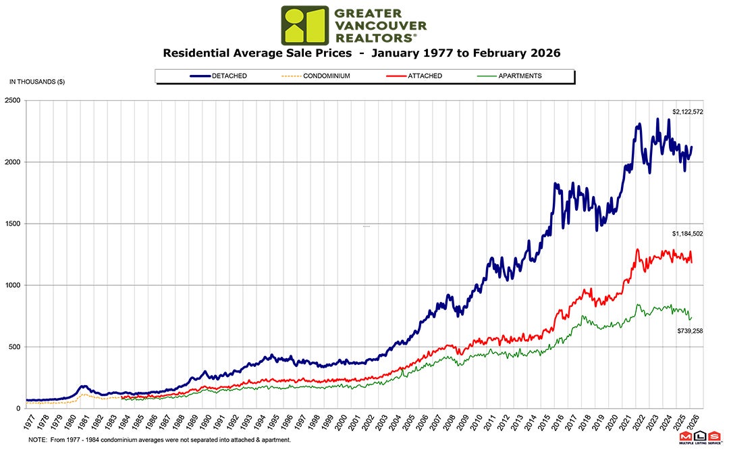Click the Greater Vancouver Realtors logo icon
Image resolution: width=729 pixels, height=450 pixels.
pos(304,25)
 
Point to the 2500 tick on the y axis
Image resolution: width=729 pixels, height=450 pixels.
pos(13,101)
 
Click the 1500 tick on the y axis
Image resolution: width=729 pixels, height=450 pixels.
pos(13,224)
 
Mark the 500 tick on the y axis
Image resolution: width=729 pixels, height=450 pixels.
pos(14,347)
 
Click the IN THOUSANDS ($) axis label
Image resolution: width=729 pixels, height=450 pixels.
pos(37,82)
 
